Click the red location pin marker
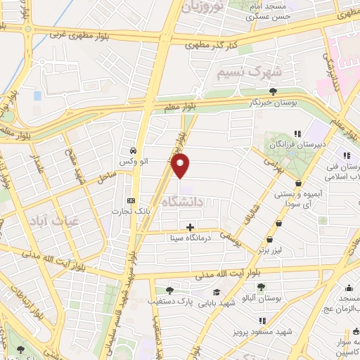click(x=181, y=166)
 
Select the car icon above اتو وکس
click(x=132, y=150)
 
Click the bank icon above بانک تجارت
click(x=129, y=199)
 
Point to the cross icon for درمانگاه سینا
click(x=191, y=226)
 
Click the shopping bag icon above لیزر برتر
click(x=279, y=223)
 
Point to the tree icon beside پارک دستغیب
click(x=169, y=289)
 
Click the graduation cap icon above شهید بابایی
click(x=217, y=292)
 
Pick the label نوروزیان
click(x=203, y=7)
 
